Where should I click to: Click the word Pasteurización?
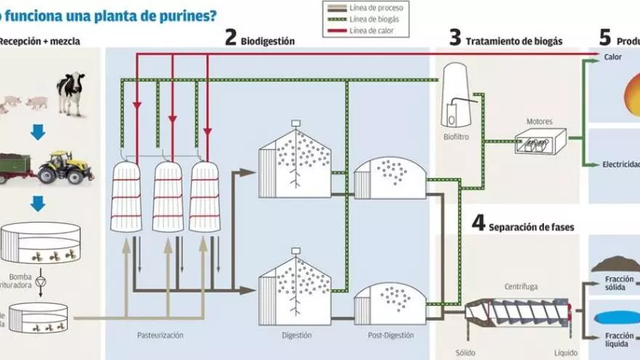tap(160, 335)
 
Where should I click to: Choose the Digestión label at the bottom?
tap(296, 335)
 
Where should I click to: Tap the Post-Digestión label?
tap(391, 335)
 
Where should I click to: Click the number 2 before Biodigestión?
tap(231, 39)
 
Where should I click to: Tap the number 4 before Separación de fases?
tap(478, 224)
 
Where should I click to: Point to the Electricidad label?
tap(620, 164)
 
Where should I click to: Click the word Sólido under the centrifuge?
tap(465, 353)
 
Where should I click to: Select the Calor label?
tap(612, 57)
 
